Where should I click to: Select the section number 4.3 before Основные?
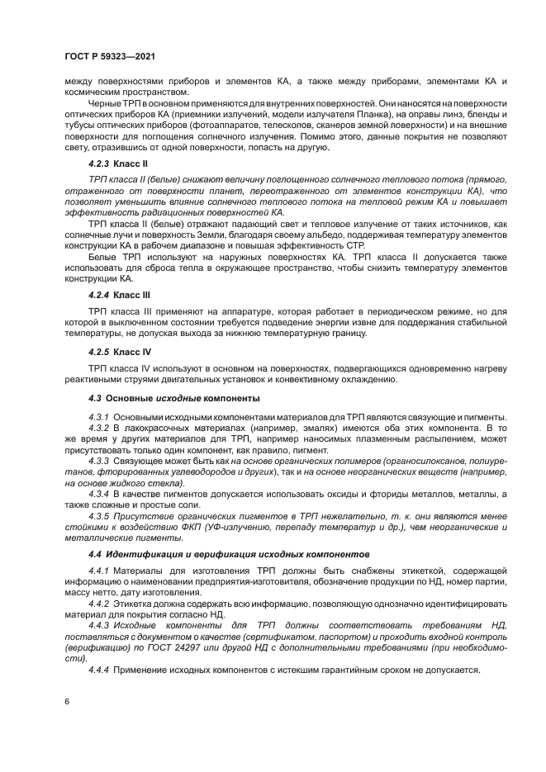pos(95,398)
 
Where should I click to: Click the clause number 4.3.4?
pos(100,494)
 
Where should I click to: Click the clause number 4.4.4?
pos(100,670)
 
